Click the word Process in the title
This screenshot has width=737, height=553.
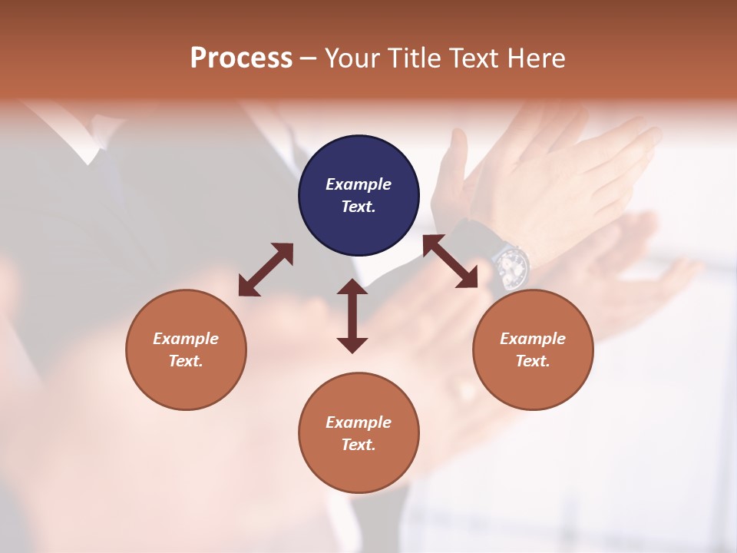click(241, 58)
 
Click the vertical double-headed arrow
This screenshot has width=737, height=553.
click(352, 316)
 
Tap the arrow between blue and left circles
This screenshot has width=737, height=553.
click(266, 270)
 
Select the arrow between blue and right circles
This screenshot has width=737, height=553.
click(450, 261)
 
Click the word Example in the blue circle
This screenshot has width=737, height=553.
click(359, 184)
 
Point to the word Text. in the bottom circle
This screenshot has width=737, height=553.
click(359, 445)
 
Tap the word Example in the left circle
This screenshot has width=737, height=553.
click(186, 339)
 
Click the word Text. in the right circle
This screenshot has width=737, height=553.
click(533, 361)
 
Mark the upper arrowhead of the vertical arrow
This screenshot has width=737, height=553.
click(352, 287)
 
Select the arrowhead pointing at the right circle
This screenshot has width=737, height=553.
click(468, 280)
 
